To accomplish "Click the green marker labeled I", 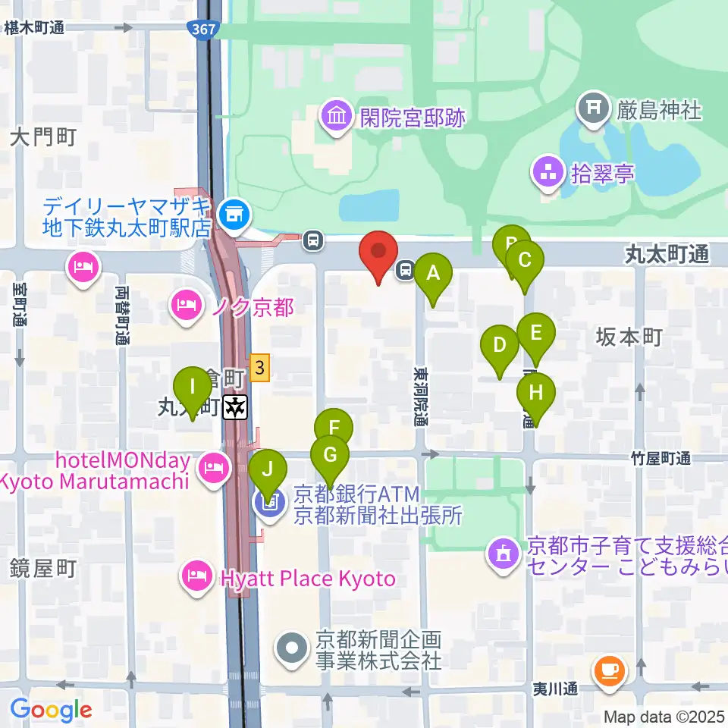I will tap(193, 388).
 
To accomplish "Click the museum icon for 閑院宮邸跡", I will tap(335, 117).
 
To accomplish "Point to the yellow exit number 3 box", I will tap(260, 369).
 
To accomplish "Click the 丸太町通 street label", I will tap(667, 256).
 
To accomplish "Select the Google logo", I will tap(51, 710).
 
